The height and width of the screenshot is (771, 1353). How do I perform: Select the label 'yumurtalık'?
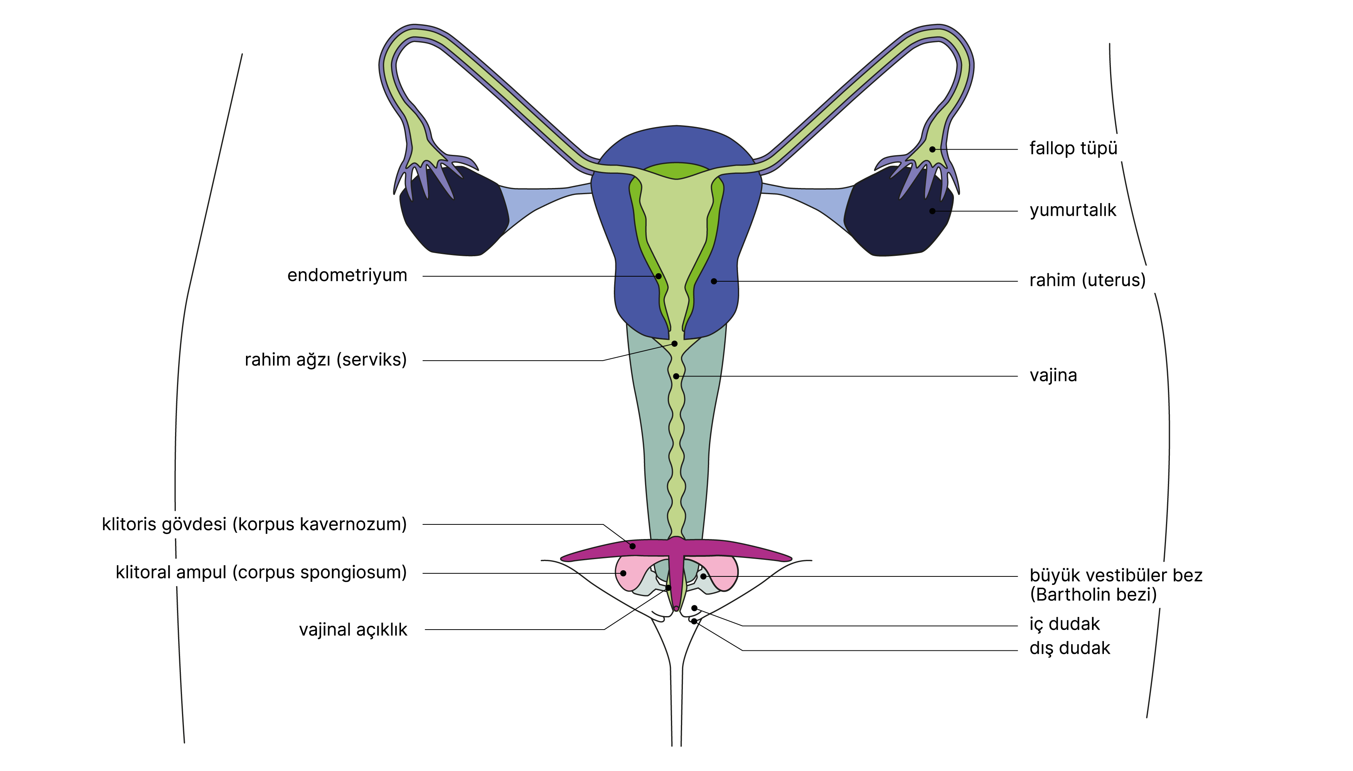(x=1072, y=211)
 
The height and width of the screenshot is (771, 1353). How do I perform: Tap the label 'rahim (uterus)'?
(x=1087, y=280)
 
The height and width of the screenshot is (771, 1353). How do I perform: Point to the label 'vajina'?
(x=1053, y=375)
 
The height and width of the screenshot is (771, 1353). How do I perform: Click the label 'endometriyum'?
(x=347, y=275)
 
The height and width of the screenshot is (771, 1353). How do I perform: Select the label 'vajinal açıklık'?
(x=353, y=630)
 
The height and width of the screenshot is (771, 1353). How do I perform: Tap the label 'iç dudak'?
(x=1064, y=624)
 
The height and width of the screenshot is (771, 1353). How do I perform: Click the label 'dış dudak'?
(x=1069, y=648)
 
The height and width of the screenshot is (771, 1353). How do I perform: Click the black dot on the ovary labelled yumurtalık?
(x=932, y=211)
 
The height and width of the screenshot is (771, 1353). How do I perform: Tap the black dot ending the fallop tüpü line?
(x=932, y=149)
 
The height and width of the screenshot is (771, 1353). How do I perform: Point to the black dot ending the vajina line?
(x=676, y=376)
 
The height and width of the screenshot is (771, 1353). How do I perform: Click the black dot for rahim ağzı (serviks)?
(x=674, y=344)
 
